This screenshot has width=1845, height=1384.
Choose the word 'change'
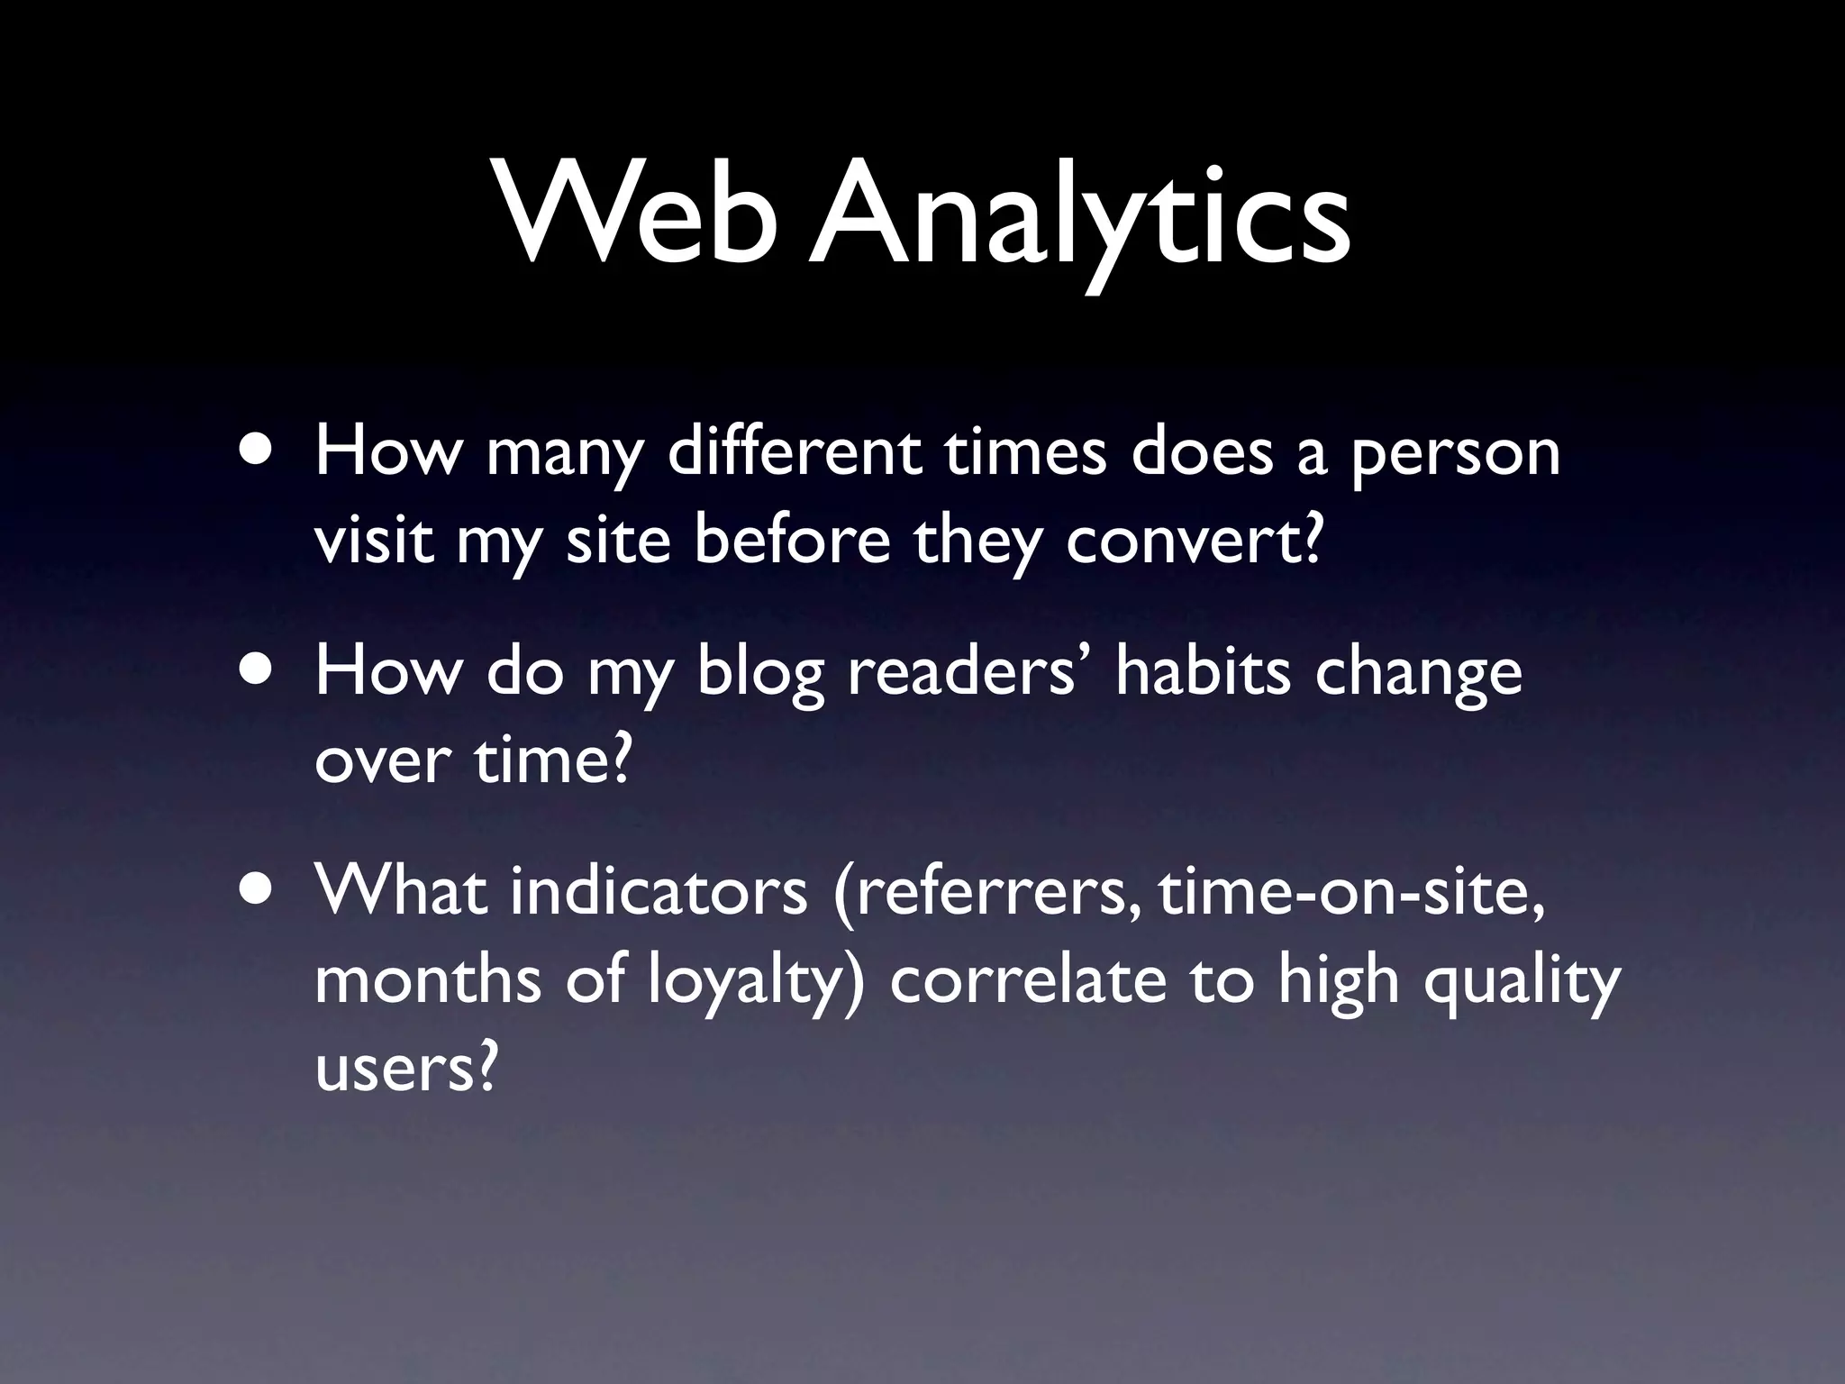click(x=1420, y=675)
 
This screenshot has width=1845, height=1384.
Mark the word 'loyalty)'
click(x=757, y=982)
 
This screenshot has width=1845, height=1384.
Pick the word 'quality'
click(x=1522, y=982)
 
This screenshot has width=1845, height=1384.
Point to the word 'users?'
click(x=406, y=1068)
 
